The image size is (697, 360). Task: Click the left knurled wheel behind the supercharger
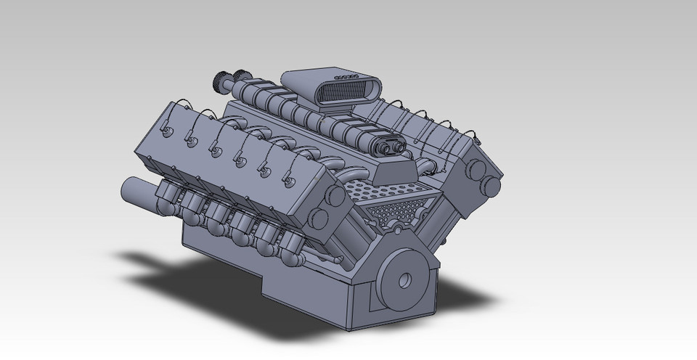221,78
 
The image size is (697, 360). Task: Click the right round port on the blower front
399,144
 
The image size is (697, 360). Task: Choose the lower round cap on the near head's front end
319,218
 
